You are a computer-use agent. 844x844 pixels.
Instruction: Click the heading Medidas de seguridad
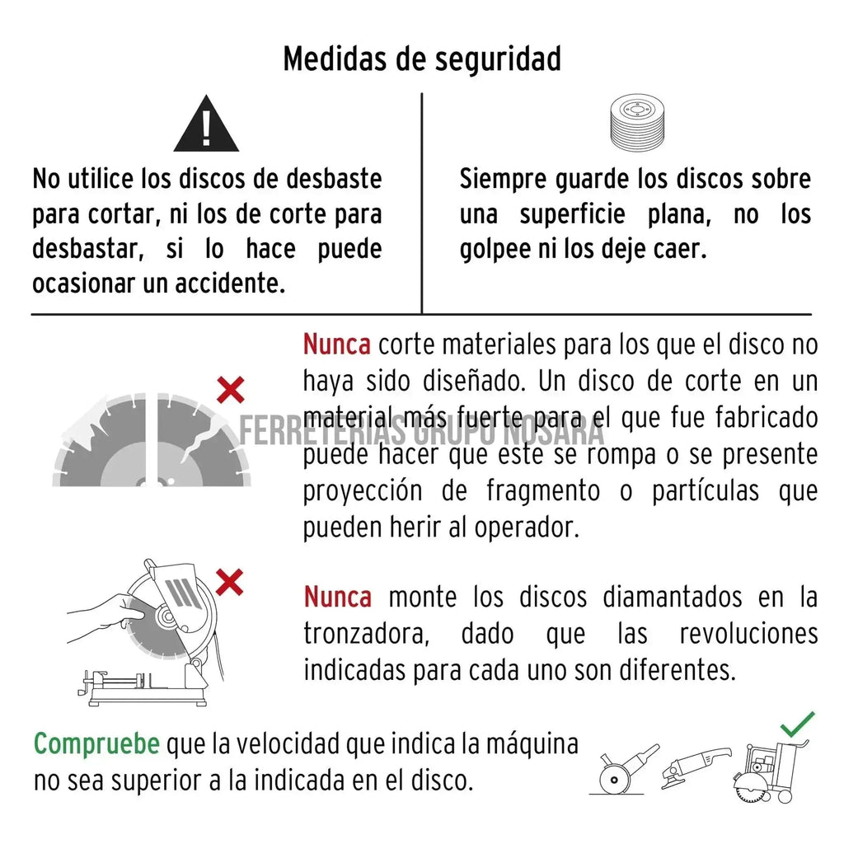point(422,59)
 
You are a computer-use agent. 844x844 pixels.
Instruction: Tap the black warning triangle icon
point(206,124)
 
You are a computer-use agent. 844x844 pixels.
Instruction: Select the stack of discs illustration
point(637,124)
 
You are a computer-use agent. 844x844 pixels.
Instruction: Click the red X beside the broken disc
point(231,390)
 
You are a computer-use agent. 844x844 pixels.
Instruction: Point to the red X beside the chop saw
point(229,582)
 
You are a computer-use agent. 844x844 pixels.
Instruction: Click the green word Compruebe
point(97,744)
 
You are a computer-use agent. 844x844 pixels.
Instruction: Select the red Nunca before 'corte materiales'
point(337,345)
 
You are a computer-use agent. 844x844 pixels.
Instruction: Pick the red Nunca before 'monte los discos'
point(337,597)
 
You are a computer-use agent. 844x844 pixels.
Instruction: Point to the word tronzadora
point(367,634)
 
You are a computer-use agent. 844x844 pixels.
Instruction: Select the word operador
point(527,527)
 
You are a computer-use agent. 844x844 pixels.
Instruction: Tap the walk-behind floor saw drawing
point(771,771)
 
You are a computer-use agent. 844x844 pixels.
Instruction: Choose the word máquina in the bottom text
point(532,745)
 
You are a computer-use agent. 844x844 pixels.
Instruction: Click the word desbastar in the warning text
point(88,248)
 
